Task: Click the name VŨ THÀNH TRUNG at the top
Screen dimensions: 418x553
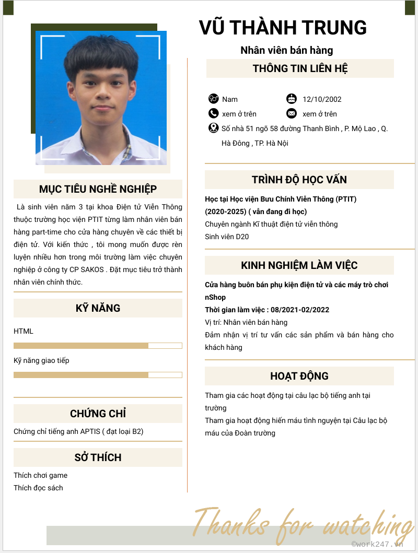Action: click(x=283, y=28)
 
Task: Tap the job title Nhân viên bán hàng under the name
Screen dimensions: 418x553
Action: click(x=286, y=51)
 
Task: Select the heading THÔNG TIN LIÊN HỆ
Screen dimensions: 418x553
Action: click(x=300, y=68)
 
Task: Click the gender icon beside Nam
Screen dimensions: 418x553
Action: click(x=213, y=99)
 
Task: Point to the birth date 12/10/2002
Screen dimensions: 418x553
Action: click(x=322, y=99)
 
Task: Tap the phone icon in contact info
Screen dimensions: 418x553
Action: click(x=213, y=113)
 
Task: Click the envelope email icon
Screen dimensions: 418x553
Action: click(x=292, y=113)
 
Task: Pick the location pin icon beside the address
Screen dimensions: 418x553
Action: click(x=213, y=128)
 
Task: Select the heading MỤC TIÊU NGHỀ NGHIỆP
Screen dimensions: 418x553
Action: click(x=98, y=189)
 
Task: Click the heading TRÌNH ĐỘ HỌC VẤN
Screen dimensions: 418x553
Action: click(x=299, y=180)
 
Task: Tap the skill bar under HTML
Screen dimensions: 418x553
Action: click(x=98, y=345)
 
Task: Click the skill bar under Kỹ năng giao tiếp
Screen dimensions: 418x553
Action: click(x=98, y=374)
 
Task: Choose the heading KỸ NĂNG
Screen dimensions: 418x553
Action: click(x=98, y=308)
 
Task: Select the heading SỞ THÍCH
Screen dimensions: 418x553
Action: click(x=98, y=457)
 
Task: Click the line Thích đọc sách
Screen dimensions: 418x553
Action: click(x=38, y=488)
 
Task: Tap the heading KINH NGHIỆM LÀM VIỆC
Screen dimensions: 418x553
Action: click(x=299, y=265)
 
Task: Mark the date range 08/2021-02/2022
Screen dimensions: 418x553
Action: click(x=300, y=310)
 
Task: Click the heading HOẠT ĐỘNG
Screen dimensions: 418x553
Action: click(x=299, y=376)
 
